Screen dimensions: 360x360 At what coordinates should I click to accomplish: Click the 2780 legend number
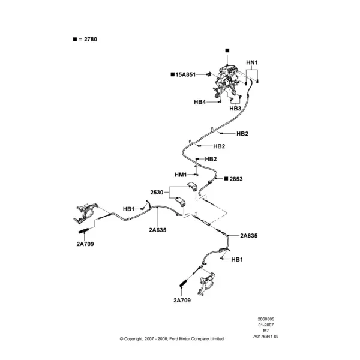coord(91,39)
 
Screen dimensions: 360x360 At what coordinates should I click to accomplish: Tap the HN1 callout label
coord(252,62)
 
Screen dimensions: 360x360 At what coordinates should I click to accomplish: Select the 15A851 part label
coord(185,74)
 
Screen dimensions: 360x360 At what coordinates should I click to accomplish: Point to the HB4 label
coord(200,102)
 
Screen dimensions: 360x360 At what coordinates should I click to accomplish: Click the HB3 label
coord(235,109)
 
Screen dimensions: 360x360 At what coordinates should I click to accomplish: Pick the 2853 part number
coord(236,179)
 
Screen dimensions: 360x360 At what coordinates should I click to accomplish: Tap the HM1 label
coord(181,175)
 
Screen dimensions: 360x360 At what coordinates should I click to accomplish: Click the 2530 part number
coord(157,193)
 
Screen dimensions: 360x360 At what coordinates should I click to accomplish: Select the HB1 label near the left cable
coord(129,209)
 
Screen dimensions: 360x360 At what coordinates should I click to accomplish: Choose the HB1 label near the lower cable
coord(237,259)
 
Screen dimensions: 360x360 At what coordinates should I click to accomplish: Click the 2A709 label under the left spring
coord(85,244)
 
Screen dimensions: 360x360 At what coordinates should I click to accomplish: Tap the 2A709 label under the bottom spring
coord(182,301)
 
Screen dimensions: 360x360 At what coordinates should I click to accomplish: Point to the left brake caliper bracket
coord(85,213)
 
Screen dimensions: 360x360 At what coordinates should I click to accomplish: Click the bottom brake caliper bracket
coord(206,284)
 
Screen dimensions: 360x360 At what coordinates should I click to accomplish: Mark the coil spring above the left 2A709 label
coord(84,230)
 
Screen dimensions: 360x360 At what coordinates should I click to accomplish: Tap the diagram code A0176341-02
coord(266,337)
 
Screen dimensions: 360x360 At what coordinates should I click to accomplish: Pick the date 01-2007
coord(266,325)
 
